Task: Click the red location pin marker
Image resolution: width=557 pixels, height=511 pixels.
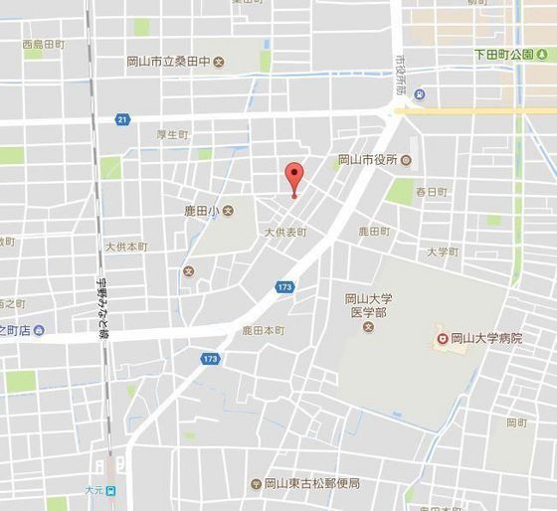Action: [x=293, y=176]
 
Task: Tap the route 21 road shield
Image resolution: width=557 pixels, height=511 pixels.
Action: [x=121, y=119]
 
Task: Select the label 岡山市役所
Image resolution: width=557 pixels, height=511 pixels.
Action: [x=367, y=159]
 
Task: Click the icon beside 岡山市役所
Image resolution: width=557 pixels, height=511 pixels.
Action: [x=406, y=159]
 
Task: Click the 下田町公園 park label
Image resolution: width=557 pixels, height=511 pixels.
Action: [x=504, y=54]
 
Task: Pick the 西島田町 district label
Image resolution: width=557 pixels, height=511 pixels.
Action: [x=43, y=45]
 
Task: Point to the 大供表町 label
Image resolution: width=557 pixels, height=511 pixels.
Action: [x=285, y=232]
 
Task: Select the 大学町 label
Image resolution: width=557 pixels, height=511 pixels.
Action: [x=443, y=252]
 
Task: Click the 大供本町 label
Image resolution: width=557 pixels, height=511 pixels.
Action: [x=126, y=246]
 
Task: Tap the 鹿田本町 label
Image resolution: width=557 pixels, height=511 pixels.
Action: [x=264, y=329]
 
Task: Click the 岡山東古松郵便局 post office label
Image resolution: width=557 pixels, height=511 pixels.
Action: [x=311, y=484]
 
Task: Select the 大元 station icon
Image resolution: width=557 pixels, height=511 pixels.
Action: [x=112, y=490]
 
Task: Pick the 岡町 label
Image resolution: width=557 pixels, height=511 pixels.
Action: [x=516, y=423]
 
